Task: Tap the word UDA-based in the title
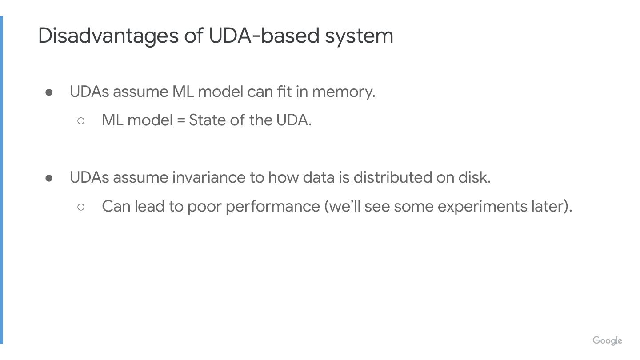tap(264, 36)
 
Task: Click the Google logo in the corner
tap(607, 341)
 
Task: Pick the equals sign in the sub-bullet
tap(180, 120)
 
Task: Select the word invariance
tap(209, 177)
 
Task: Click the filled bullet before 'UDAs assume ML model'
tap(49, 92)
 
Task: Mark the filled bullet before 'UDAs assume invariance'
tap(49, 178)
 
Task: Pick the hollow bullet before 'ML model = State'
tap(81, 120)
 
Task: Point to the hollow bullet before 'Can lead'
tap(81, 207)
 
